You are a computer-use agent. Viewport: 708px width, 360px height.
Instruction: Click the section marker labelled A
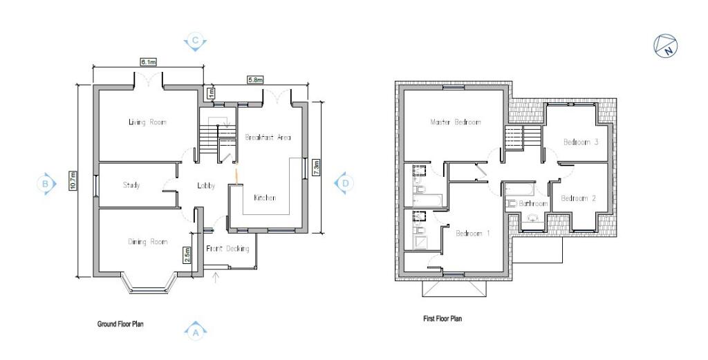(196, 331)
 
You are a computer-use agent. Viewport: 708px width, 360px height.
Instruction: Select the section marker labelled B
(46, 184)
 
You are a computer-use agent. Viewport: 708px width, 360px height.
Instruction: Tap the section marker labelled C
(195, 41)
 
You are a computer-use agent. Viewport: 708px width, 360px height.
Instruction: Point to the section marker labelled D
(344, 183)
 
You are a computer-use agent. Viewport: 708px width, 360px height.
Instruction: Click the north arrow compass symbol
(666, 46)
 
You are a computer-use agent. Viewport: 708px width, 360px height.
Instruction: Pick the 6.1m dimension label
(148, 62)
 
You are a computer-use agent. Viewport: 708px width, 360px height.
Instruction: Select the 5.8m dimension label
(254, 80)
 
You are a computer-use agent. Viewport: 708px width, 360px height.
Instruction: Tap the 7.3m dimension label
(317, 167)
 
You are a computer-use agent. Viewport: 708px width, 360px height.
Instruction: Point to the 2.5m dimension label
(187, 255)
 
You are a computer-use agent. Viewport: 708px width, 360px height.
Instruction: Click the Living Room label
(147, 122)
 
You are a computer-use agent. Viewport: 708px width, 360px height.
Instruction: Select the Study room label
(131, 185)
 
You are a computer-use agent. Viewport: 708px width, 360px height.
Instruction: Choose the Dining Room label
(148, 242)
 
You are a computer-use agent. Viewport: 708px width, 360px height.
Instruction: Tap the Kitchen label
(265, 198)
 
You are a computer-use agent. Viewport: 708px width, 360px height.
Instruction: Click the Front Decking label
(227, 249)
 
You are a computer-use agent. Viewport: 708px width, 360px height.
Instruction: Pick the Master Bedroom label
(456, 122)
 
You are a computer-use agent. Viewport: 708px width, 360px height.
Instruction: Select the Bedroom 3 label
(581, 142)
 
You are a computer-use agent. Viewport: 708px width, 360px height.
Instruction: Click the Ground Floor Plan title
(120, 324)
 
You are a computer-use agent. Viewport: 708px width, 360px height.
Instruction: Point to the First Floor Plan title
(442, 319)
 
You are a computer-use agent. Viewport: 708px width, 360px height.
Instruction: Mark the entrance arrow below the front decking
(216, 278)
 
